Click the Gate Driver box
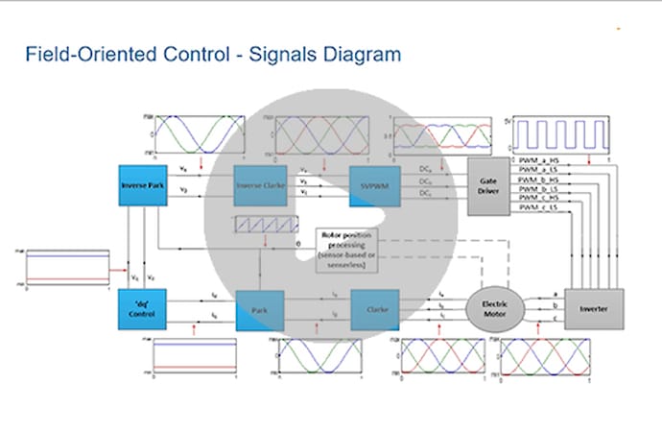pos(489,181)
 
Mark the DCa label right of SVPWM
pos(425,169)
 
